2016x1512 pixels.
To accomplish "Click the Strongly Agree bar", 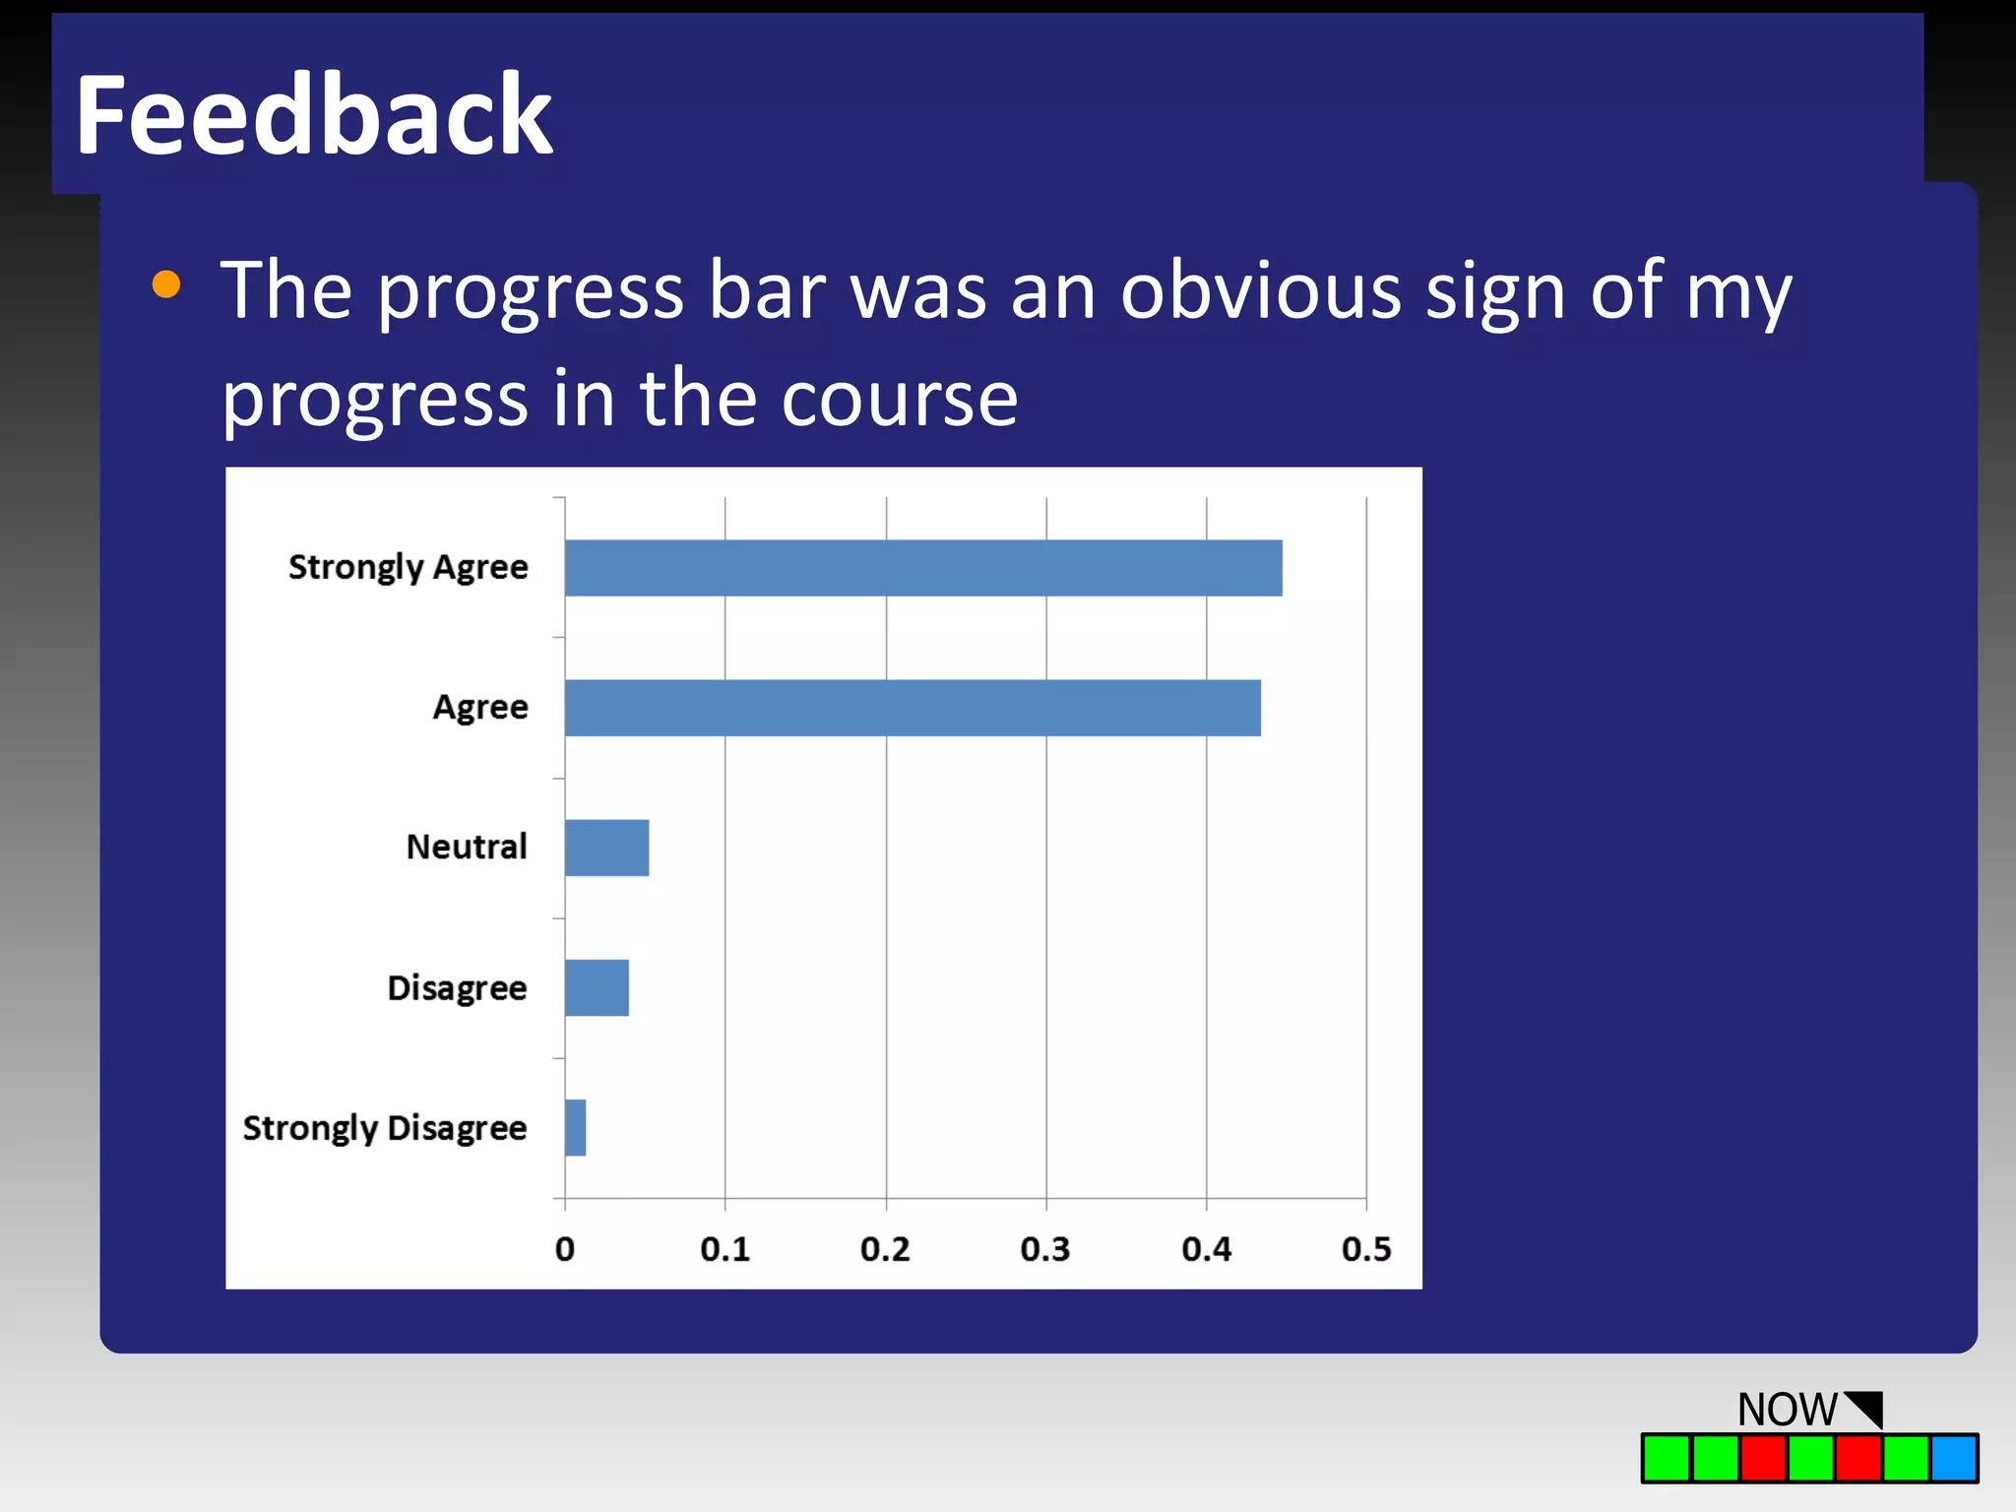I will (923, 568).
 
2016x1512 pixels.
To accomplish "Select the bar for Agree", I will (913, 708).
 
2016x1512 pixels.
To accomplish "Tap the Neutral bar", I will (606, 848).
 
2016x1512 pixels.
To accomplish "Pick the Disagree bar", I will (597, 987).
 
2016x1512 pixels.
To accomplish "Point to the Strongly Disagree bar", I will (575, 1127).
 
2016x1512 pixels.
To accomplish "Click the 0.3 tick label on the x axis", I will (1044, 1249).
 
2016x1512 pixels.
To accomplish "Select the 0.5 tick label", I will (1366, 1249).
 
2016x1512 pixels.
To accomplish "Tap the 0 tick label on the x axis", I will (564, 1249).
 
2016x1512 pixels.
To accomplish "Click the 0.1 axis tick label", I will (724, 1249).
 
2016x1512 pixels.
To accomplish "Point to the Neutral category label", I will (467, 847).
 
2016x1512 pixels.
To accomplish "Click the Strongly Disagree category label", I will (385, 1128).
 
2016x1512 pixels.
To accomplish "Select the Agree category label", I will (480, 707).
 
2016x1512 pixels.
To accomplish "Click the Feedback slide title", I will (314, 115).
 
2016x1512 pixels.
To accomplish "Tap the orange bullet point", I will (166, 284).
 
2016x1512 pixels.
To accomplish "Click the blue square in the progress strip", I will (1954, 1458).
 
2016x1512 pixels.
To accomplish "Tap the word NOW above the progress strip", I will (1787, 1410).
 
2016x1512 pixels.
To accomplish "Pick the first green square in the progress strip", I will (1667, 1458).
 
